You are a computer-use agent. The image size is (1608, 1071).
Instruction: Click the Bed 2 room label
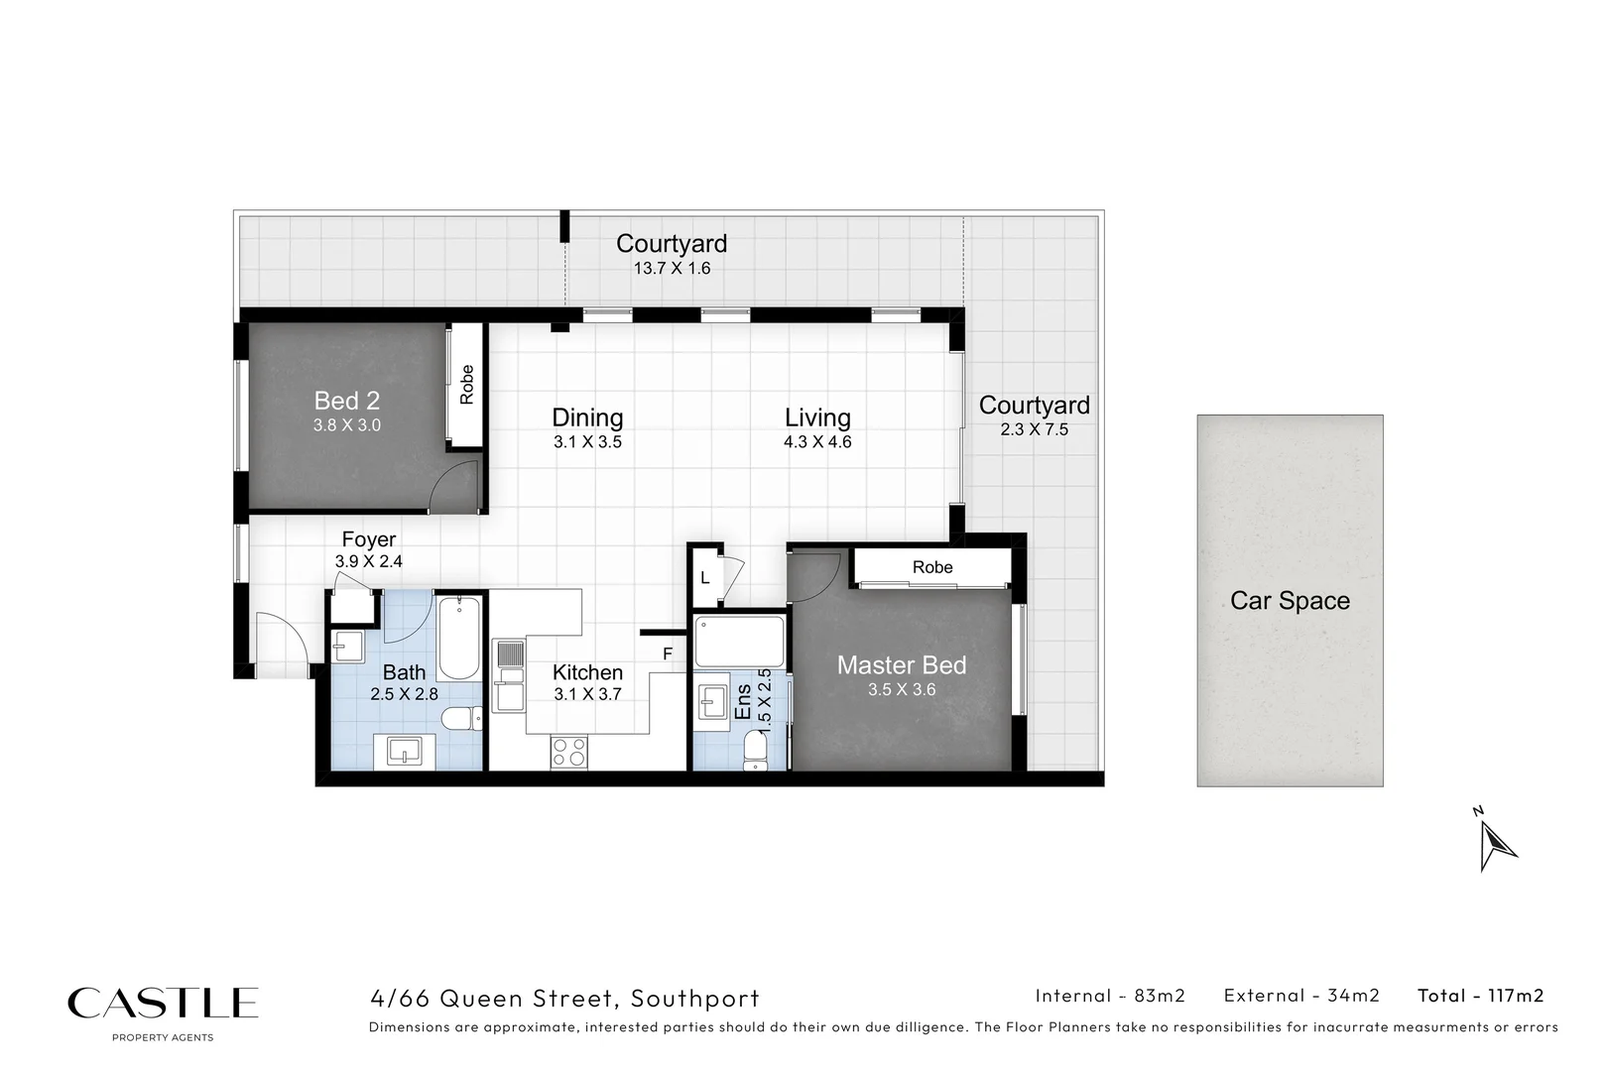(x=346, y=401)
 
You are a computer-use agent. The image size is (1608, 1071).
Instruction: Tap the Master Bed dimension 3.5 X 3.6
(x=901, y=690)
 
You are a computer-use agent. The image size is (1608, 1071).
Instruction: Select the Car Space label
(x=1290, y=601)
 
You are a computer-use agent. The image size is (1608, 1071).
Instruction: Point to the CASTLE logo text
(x=163, y=1003)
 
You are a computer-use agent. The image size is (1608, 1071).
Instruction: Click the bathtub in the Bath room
(x=458, y=637)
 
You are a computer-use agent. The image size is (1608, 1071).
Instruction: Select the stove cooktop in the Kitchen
(x=569, y=753)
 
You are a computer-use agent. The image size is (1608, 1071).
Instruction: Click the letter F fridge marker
(x=668, y=654)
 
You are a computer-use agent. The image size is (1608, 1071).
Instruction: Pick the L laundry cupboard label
(x=705, y=577)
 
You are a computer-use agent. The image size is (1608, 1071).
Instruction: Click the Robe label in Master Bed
(x=932, y=567)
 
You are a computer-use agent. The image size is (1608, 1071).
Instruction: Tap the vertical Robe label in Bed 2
(x=466, y=385)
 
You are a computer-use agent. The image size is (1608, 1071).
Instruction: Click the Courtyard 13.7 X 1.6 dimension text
(x=672, y=269)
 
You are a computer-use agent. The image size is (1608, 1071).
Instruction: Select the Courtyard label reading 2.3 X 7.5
(x=1034, y=429)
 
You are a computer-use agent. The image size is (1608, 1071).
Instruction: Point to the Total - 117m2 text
(x=1480, y=996)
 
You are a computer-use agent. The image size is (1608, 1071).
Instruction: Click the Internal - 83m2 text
(x=1110, y=996)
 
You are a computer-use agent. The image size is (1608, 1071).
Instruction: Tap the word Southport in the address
(x=695, y=999)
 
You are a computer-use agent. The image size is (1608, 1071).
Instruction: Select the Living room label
(x=817, y=417)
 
